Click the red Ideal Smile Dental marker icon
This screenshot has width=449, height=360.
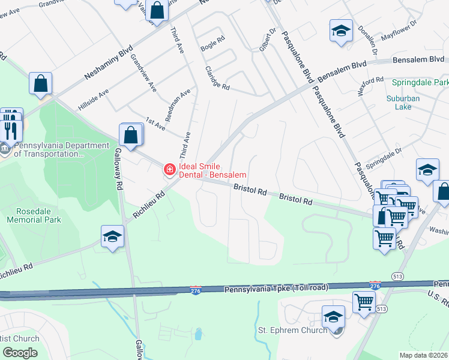click(170, 170)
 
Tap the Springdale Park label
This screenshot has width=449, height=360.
click(420, 82)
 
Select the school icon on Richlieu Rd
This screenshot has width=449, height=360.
click(112, 237)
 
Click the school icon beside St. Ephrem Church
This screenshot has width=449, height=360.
click(333, 317)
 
